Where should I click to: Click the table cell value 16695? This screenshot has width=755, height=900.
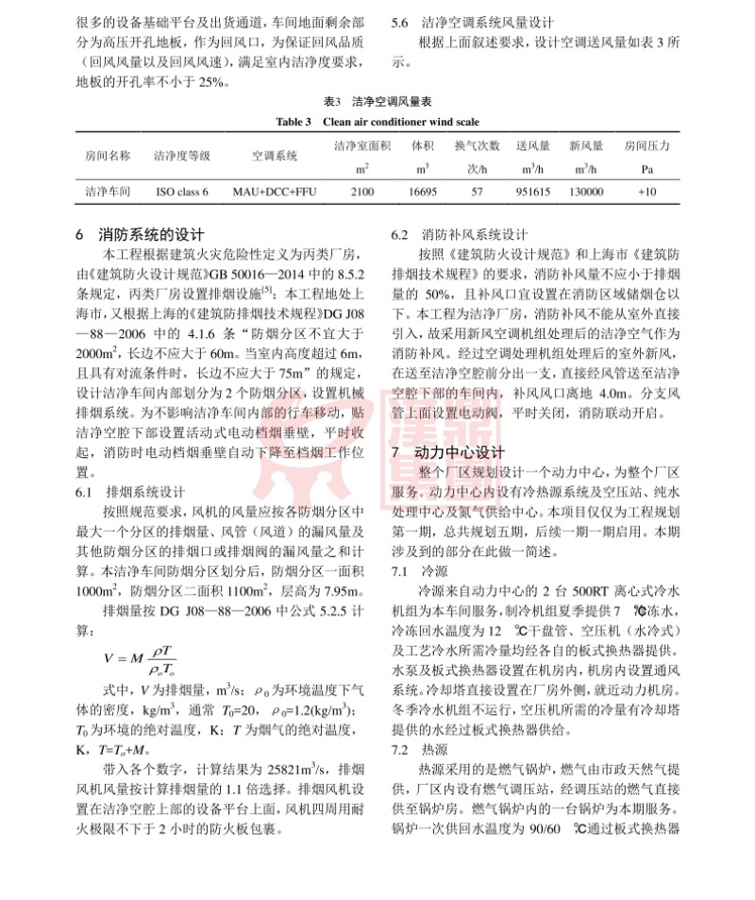[422, 191]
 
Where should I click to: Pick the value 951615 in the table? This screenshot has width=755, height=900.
[533, 191]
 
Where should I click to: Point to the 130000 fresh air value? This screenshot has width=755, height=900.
[586, 191]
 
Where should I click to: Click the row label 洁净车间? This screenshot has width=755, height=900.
[108, 191]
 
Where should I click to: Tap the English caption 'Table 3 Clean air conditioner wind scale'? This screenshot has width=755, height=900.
[377, 122]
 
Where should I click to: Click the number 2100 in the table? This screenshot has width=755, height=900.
[362, 191]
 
